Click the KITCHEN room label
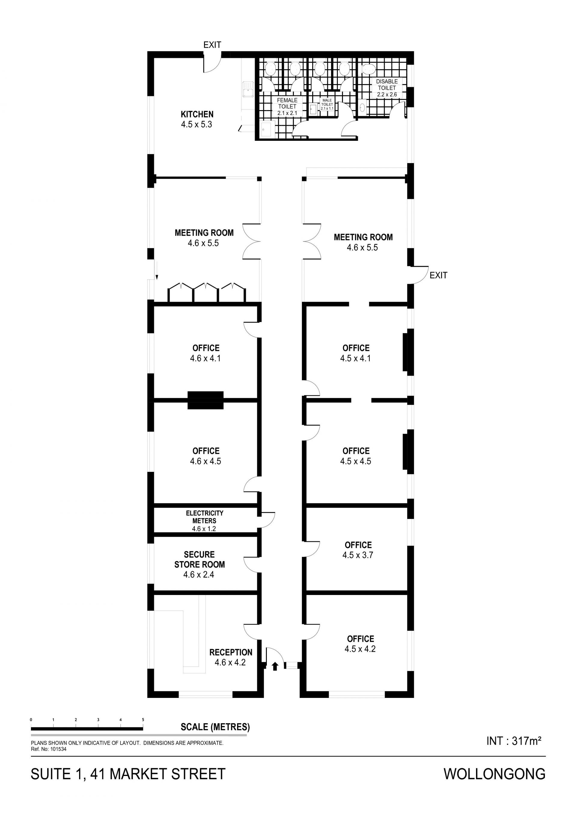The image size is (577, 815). [x=197, y=114]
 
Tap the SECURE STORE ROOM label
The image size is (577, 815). [x=199, y=560]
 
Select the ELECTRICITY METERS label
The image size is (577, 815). [x=205, y=517]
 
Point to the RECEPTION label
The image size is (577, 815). [x=231, y=652]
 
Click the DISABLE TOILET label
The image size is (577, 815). [x=387, y=84]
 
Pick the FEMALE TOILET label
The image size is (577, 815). [x=287, y=103]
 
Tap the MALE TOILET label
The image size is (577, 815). [x=327, y=102]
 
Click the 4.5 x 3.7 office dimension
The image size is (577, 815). [x=358, y=555]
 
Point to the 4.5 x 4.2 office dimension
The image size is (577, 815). [x=360, y=649]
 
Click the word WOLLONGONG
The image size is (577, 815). [x=495, y=774]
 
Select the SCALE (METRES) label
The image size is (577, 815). [x=215, y=727]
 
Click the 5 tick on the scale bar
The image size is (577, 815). [x=143, y=720]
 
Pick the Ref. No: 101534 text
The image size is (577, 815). [x=49, y=749]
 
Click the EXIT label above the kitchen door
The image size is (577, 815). [x=212, y=45]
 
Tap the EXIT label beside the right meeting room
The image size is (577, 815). [x=438, y=275]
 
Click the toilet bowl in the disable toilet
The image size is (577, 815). [x=368, y=69]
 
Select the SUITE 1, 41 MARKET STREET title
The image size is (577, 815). [x=128, y=774]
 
